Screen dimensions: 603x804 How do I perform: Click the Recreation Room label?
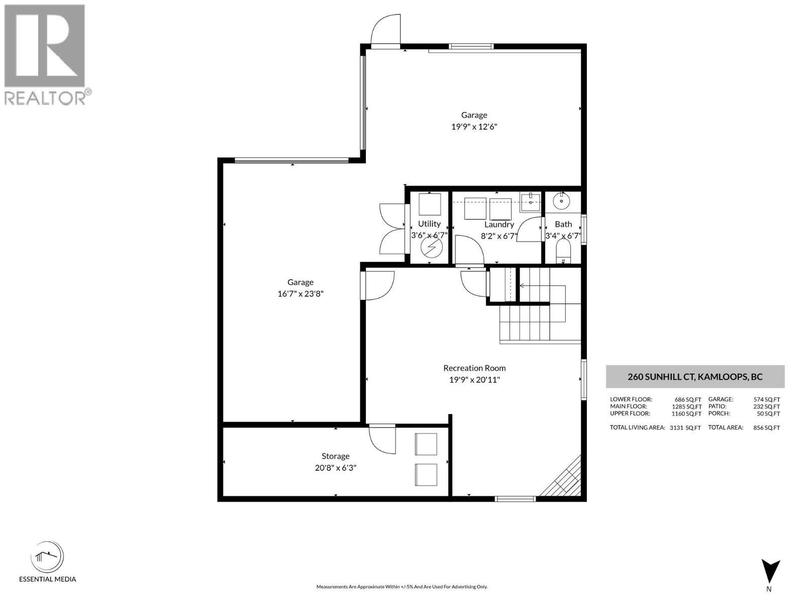pos(474,368)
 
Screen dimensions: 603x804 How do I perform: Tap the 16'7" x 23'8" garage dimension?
pos(300,294)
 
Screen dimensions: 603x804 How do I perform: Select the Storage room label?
pos(335,456)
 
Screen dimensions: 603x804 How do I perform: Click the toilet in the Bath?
pos(563,251)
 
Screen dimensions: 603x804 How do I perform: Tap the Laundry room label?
pos(499,225)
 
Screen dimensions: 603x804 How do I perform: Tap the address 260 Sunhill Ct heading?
pos(695,377)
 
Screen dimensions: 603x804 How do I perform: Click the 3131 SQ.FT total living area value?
pos(685,428)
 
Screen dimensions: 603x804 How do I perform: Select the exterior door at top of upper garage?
pos(385,31)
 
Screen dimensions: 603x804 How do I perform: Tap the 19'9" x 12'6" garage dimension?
pos(474,127)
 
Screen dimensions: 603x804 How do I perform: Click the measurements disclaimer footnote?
pos(401,586)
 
